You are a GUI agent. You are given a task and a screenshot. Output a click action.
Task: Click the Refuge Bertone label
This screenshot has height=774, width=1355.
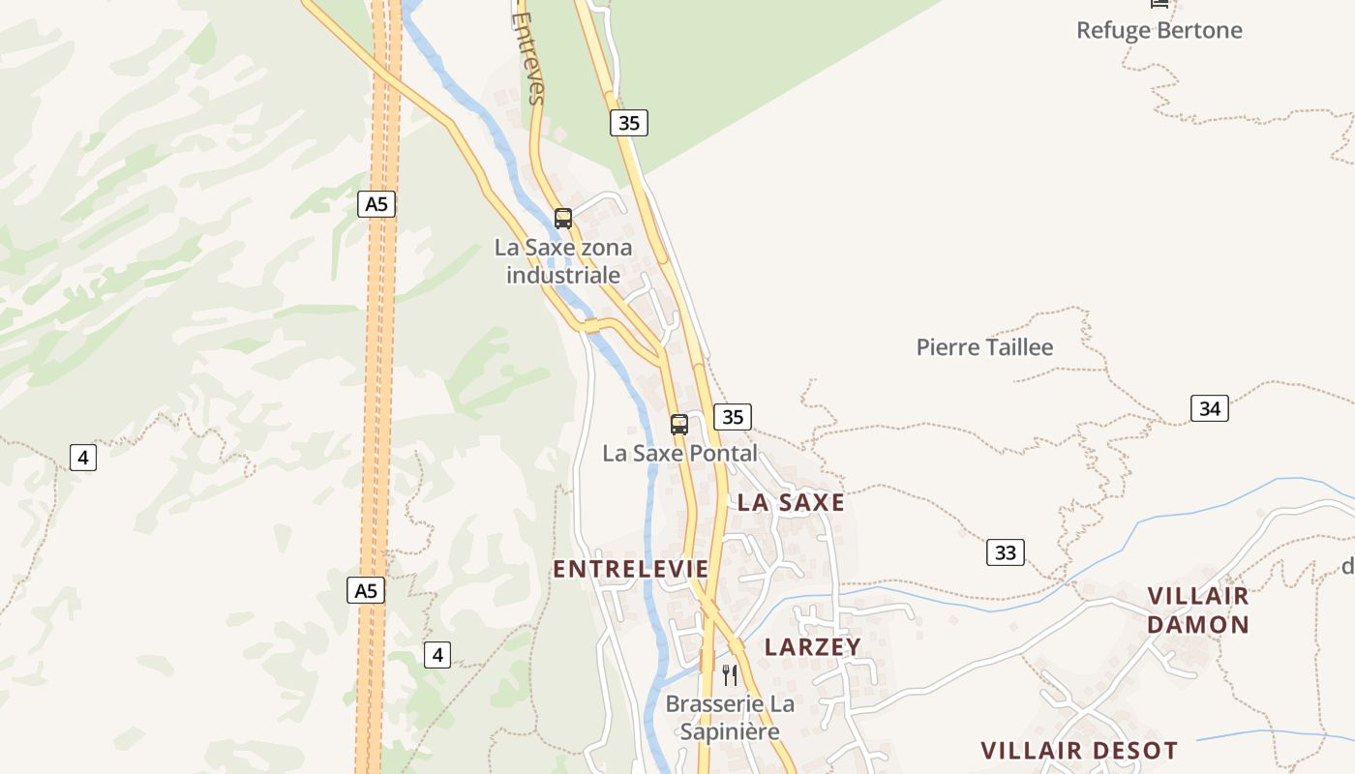click(x=1159, y=30)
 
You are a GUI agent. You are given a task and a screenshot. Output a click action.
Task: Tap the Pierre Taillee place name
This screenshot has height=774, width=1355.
click(x=984, y=347)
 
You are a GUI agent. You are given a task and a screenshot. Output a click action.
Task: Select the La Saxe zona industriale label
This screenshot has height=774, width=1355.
click(x=563, y=261)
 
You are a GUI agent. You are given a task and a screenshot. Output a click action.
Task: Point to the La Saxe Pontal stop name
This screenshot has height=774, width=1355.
click(x=679, y=453)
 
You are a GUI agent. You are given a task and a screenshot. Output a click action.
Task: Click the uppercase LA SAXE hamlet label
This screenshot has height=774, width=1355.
click(x=791, y=503)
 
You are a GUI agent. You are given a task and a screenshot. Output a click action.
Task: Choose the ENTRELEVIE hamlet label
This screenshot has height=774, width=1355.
click(x=631, y=570)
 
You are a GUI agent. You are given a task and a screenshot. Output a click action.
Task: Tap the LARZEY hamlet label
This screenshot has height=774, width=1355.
click(x=812, y=647)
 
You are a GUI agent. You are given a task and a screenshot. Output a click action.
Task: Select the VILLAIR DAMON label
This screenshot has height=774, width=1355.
click(x=1198, y=610)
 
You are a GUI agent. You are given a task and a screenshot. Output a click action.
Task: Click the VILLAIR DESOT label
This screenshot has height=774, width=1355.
click(x=1079, y=751)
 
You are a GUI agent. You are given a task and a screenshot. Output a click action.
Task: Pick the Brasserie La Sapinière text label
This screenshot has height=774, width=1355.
click(x=730, y=718)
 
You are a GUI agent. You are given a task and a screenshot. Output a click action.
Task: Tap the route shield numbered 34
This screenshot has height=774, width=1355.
click(x=1209, y=408)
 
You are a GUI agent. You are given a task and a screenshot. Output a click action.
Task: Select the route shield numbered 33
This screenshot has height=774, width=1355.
click(x=1006, y=552)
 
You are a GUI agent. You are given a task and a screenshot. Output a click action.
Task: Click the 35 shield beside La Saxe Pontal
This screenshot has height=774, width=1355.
click(x=733, y=417)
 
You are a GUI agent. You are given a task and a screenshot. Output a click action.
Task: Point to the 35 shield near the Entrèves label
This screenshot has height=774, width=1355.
click(x=628, y=123)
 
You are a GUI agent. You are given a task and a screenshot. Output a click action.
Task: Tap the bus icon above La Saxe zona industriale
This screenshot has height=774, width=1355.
click(x=563, y=219)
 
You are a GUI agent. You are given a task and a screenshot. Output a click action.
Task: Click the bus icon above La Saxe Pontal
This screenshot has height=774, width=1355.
click(x=679, y=424)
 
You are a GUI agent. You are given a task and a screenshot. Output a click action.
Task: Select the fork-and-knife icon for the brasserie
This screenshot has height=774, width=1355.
click(x=730, y=674)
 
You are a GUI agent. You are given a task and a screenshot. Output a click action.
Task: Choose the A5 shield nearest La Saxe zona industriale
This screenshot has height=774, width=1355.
click(x=376, y=204)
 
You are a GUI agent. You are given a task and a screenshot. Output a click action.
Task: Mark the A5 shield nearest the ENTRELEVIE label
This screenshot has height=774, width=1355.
click(x=366, y=590)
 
